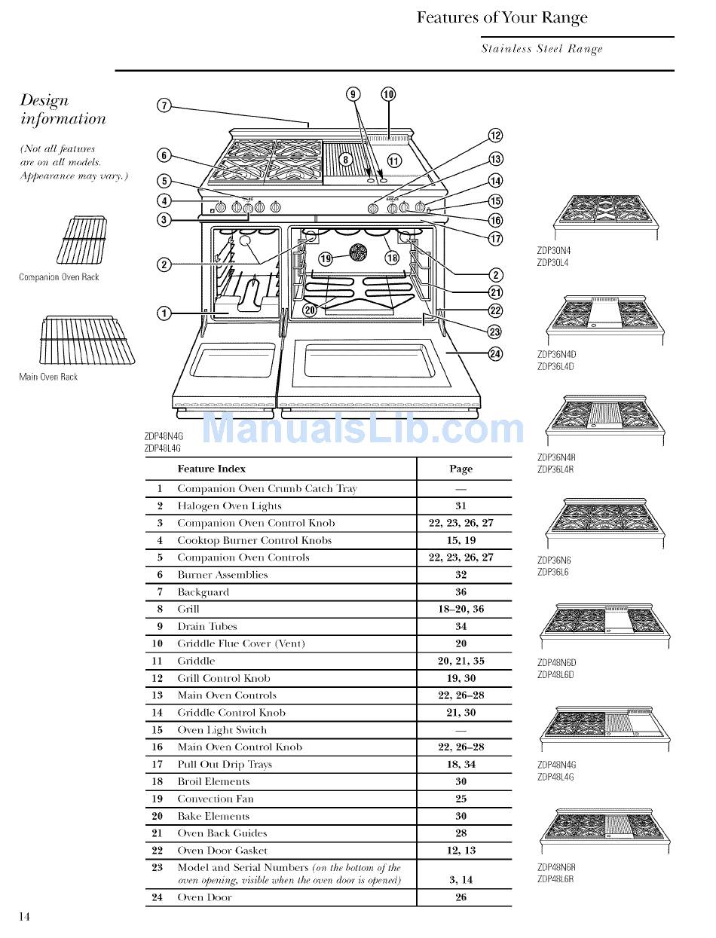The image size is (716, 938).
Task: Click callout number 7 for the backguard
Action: tap(163, 105)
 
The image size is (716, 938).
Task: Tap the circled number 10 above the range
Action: tap(387, 94)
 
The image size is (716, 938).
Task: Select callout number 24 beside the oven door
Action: tap(496, 353)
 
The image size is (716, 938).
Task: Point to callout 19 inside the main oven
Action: tap(326, 258)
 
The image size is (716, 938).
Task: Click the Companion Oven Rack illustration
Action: tap(78, 240)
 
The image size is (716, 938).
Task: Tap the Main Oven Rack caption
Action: tap(48, 377)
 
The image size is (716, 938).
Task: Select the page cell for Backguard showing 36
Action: tap(461, 592)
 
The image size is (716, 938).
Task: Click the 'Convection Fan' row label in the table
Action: tap(215, 799)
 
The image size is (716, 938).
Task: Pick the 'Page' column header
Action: tap(461, 469)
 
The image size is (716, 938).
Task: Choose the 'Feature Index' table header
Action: tap(211, 469)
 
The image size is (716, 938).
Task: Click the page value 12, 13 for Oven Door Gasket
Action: tap(461, 851)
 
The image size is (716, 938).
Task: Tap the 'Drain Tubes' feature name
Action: tap(207, 626)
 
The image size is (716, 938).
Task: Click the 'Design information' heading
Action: tap(63, 109)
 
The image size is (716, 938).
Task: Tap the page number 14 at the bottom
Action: tap(25, 916)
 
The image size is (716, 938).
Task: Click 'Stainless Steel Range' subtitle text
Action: tap(542, 49)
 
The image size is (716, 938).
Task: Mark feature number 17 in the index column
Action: tap(160, 764)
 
